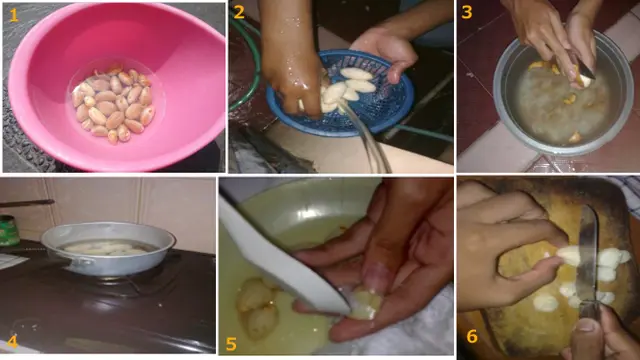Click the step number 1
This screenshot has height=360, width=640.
13,14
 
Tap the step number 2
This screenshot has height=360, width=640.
239,13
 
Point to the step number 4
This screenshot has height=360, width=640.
12,343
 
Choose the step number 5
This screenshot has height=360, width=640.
232,344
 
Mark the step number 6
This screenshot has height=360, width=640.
472,336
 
